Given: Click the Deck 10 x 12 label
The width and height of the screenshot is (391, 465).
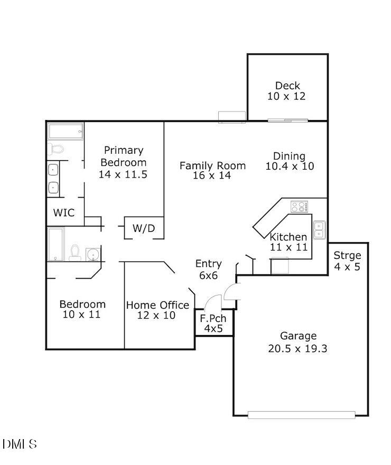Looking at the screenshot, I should click(x=287, y=91).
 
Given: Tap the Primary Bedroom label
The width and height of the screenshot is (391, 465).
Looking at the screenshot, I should click(x=123, y=162).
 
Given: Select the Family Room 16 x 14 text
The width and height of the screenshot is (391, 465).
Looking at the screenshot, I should click(x=212, y=170).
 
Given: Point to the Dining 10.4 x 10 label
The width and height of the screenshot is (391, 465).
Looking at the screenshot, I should click(x=289, y=161).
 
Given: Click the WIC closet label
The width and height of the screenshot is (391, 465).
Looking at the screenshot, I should click(x=64, y=213).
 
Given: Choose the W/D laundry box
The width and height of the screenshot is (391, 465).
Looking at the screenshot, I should click(x=144, y=228).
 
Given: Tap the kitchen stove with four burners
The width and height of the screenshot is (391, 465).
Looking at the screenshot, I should click(x=299, y=207).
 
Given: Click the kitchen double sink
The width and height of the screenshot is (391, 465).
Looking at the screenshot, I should click(x=319, y=229).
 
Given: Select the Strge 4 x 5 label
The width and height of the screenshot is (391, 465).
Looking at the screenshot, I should click(x=347, y=261).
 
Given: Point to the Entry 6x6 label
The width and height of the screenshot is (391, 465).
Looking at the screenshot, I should click(x=208, y=269).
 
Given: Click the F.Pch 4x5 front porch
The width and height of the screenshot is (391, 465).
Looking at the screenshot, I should click(x=213, y=323).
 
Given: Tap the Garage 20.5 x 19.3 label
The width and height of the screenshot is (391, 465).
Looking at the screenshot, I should click(x=298, y=342).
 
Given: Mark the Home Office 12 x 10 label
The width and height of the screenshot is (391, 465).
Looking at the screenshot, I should click(x=157, y=310).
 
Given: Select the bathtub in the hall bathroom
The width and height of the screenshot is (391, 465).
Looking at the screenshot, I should click(x=56, y=244).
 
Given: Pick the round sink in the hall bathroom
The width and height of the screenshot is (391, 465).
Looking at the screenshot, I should click(x=94, y=254).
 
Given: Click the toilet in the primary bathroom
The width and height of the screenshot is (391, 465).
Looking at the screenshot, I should click(x=56, y=149).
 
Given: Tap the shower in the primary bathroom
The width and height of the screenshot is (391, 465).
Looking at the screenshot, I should click(x=66, y=131).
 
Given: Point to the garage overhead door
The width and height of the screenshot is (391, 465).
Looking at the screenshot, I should click(x=301, y=415).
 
